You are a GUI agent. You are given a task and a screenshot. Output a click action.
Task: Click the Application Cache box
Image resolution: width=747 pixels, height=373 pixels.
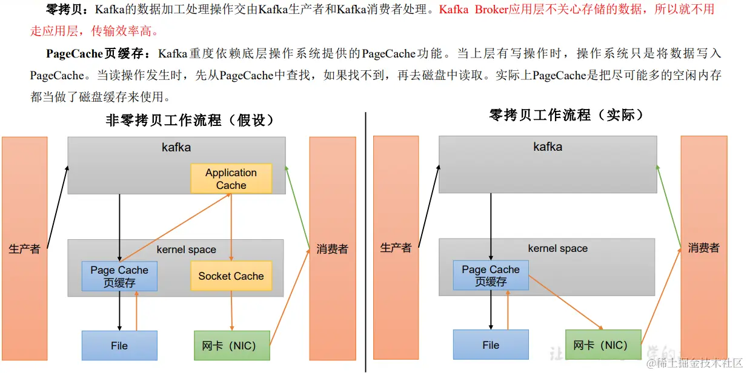pyautogui.click(x=231, y=179)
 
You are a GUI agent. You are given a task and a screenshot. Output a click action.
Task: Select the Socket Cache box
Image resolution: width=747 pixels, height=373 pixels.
pyautogui.click(x=231, y=276)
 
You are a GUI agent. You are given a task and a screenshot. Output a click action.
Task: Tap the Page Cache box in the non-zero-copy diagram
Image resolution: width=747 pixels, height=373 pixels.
pyautogui.click(x=119, y=276)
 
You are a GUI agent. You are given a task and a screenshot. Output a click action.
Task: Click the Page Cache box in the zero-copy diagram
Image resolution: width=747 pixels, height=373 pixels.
pyautogui.click(x=491, y=276)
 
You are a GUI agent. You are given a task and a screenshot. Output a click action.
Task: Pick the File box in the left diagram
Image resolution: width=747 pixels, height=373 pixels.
pyautogui.click(x=119, y=346)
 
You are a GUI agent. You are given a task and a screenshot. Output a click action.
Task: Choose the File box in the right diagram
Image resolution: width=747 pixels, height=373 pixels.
pyautogui.click(x=491, y=345)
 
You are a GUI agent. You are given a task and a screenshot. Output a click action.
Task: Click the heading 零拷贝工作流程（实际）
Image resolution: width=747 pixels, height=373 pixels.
pyautogui.click(x=566, y=114)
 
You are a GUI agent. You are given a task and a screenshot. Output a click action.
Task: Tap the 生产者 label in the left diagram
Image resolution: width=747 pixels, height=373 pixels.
pyautogui.click(x=24, y=249)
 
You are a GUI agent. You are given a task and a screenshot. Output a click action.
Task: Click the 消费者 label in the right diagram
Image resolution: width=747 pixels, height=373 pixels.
pyautogui.click(x=703, y=248)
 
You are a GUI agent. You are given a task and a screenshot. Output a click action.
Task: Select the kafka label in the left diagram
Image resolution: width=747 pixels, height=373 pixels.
pyautogui.click(x=176, y=147)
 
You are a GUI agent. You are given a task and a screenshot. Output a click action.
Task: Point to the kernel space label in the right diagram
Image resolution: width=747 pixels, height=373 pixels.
pyautogui.click(x=557, y=248)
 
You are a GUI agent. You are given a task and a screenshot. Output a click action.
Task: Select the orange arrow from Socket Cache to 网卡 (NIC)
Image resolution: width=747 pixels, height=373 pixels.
pyautogui.click(x=231, y=310)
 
